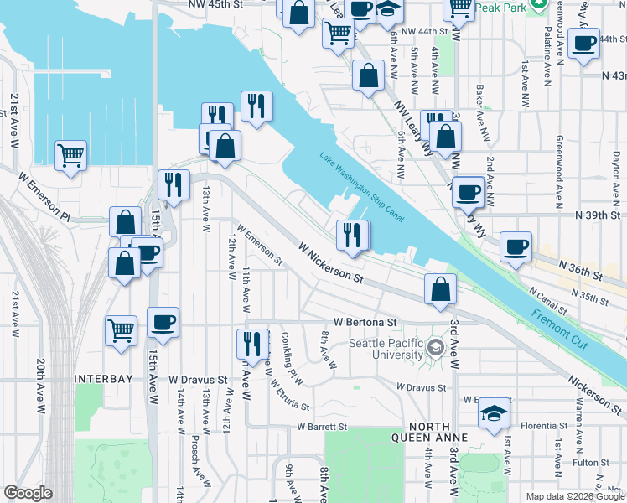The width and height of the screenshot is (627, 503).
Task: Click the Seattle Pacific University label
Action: pos(386,349)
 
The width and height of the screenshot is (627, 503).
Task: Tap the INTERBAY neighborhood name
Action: pos(104,379)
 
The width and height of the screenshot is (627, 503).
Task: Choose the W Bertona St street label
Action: pos(365,321)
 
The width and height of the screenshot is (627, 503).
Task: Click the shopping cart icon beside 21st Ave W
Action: pos(71,153)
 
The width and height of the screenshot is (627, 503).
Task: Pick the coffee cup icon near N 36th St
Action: pos(516,246)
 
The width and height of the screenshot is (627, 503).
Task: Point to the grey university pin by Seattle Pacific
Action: pos(435,347)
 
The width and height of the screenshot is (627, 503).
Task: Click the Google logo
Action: pos(27,493)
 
